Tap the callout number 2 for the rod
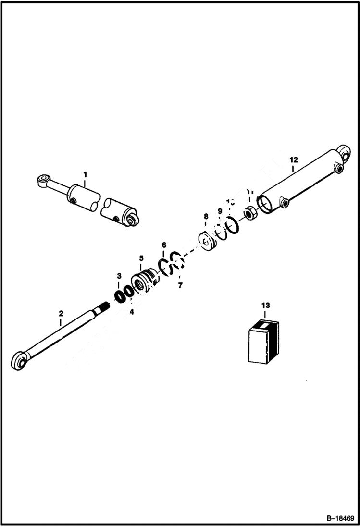pyautogui.click(x=61, y=314)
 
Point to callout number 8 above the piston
pyautogui.click(x=206, y=217)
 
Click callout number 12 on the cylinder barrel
pyautogui.click(x=293, y=159)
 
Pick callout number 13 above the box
pyautogui.click(x=265, y=305)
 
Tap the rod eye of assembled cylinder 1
pyautogui.click(x=44, y=181)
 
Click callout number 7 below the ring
pyautogui.click(x=180, y=285)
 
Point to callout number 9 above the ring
pyautogui.click(x=220, y=211)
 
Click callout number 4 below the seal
pyautogui.click(x=131, y=311)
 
